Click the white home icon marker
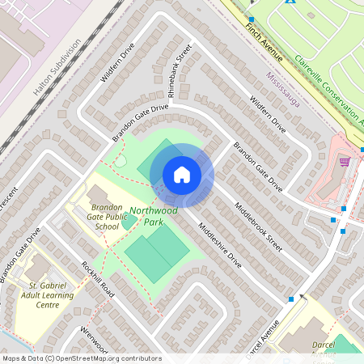182,175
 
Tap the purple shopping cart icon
345,163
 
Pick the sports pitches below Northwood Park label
159,251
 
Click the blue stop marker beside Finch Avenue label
252,19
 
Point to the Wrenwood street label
93,340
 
